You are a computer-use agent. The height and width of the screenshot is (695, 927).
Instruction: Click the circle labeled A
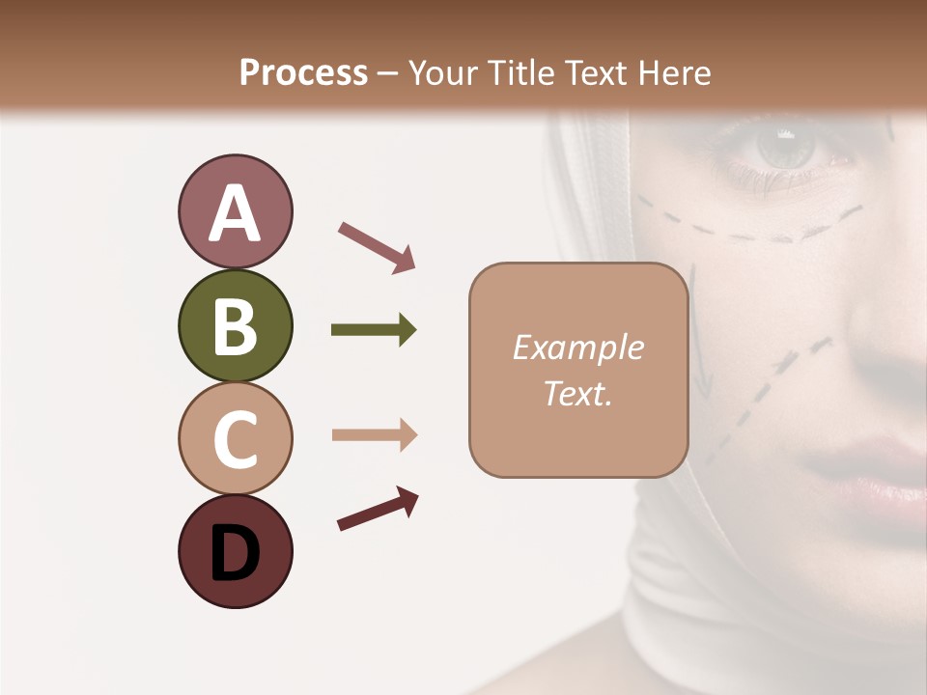[x=235, y=212]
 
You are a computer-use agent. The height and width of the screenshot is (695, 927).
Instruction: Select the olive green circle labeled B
[x=235, y=325]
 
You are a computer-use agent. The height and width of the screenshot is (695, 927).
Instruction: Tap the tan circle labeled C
[x=235, y=438]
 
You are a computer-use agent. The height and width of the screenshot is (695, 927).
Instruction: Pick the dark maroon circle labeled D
[x=235, y=551]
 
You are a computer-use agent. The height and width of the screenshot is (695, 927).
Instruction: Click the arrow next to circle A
[x=377, y=246]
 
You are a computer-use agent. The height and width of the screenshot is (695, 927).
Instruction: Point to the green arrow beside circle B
[x=374, y=330]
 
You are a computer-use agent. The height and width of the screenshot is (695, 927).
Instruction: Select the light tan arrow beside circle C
[x=374, y=435]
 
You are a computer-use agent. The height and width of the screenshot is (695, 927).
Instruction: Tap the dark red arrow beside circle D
[x=378, y=510]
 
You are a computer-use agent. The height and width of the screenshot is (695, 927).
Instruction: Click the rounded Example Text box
[x=577, y=370]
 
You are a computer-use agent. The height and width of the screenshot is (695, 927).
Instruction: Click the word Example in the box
[x=577, y=347]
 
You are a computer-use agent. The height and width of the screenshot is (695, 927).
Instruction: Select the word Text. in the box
[x=577, y=394]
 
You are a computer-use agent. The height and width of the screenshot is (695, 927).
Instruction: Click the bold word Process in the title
[x=303, y=72]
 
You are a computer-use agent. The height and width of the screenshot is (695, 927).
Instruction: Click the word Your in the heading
[x=441, y=72]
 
